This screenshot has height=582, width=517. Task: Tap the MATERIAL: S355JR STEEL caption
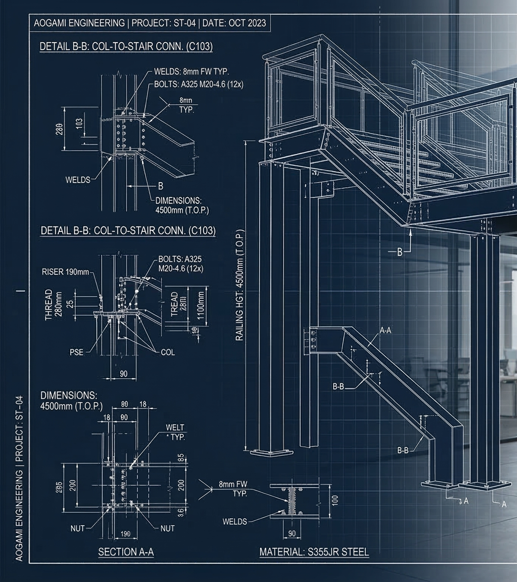click(x=314, y=552)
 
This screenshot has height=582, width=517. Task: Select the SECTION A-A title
click(x=126, y=552)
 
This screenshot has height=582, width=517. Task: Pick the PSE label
click(x=76, y=352)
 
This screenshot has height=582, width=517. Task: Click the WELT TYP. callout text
click(x=175, y=432)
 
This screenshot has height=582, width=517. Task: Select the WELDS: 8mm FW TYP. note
click(x=192, y=72)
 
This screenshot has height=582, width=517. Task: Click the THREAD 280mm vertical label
click(x=53, y=305)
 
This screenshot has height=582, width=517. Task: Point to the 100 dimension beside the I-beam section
click(x=334, y=500)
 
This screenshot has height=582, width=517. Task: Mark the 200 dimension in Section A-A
click(x=181, y=485)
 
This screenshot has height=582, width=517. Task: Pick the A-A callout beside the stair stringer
click(x=385, y=330)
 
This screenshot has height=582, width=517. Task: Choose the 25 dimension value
click(x=69, y=304)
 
